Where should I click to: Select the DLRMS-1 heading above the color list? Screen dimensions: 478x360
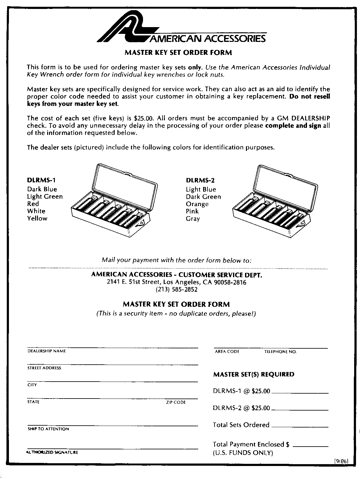coord(42,180)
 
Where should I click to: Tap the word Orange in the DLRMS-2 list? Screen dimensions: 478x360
coord(197,204)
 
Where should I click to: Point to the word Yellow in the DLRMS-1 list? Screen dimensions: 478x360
coord(37,218)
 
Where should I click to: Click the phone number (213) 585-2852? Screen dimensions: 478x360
coord(177,290)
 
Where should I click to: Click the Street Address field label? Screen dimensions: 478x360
coord(44,368)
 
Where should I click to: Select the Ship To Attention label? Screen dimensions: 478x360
coord(48,429)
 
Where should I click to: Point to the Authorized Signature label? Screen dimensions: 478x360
coord(52,452)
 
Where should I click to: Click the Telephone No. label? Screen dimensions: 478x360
coord(280,351)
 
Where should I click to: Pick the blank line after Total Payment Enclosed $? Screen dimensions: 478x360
coord(310,446)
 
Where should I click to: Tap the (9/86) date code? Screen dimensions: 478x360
coord(341,461)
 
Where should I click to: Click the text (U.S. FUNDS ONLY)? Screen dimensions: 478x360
coord(243,453)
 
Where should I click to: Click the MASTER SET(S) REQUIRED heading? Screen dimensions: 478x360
coord(254,375)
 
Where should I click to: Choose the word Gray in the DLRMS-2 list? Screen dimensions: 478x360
coord(193,219)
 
